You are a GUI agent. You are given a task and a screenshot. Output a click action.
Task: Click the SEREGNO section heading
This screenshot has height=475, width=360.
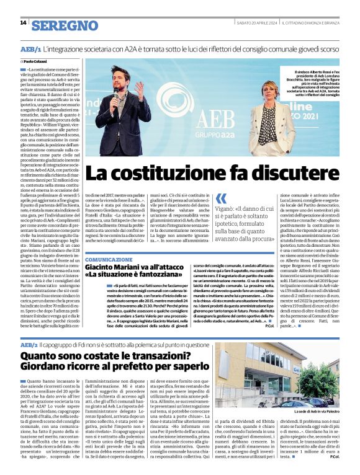[x=65, y=25]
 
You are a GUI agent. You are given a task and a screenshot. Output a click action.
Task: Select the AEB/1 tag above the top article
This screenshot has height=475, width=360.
[x=30, y=48]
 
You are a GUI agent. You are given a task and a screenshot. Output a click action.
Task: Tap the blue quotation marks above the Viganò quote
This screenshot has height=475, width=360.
[x=221, y=198]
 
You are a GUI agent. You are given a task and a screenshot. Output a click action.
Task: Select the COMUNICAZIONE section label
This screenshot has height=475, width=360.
[x=109, y=259]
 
